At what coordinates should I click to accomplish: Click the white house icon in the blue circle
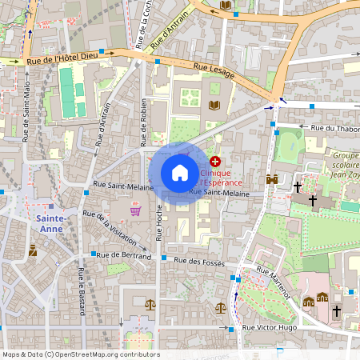[180, 173]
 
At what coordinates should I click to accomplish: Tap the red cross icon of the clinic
[214, 162]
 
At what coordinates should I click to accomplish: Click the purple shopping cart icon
[135, 210]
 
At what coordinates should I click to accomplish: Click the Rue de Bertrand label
[125, 256]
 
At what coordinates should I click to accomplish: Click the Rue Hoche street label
[159, 222]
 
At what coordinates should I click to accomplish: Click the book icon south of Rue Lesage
[214, 105]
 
